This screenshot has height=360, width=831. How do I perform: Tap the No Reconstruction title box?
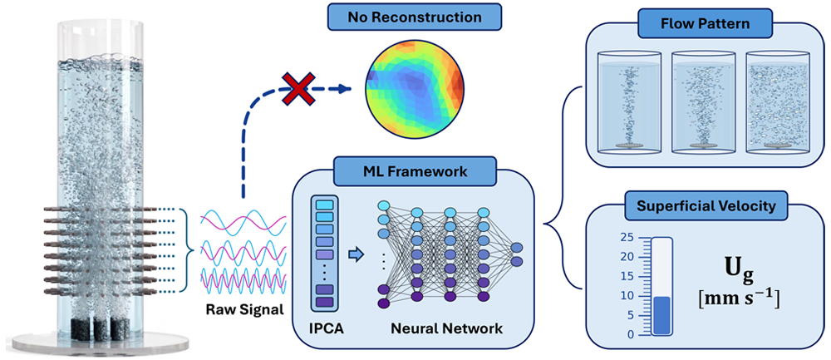pyautogui.click(x=415, y=17)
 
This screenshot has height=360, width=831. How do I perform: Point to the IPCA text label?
pyautogui.click(x=327, y=328)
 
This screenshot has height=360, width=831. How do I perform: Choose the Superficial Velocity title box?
pyautogui.click(x=705, y=205)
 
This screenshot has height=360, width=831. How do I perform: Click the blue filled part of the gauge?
pyautogui.click(x=662, y=315)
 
